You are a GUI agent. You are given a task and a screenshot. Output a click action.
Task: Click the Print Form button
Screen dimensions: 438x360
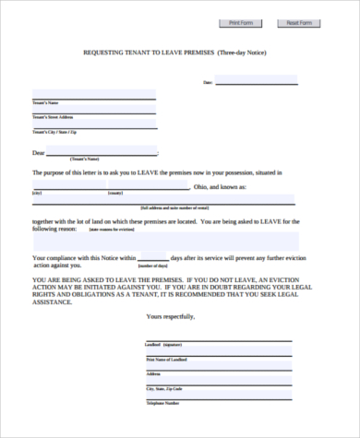(240, 22)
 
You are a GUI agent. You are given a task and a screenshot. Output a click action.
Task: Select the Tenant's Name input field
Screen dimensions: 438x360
(93, 96)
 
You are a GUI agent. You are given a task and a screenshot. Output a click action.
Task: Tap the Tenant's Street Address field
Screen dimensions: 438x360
(93, 112)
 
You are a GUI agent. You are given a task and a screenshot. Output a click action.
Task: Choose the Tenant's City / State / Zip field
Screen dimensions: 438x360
(93, 127)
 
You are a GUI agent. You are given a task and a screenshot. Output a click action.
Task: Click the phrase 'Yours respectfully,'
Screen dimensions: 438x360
(171, 316)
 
